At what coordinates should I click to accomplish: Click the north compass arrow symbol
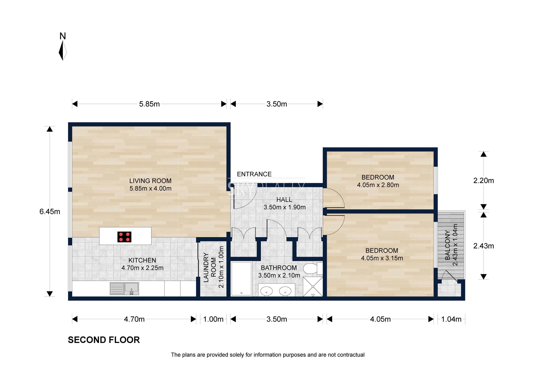tap(63, 51)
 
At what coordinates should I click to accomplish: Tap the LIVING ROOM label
tap(150, 181)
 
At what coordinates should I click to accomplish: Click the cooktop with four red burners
tap(124, 237)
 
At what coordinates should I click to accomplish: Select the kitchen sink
tap(124, 289)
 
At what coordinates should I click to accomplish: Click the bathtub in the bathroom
tap(241, 279)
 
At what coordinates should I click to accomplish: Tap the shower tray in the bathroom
tap(313, 287)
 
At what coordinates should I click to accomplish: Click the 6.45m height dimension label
tap(50, 212)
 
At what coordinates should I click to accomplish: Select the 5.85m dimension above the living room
tap(149, 104)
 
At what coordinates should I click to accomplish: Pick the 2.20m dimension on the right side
tap(484, 181)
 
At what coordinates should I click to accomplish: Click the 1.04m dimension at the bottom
tap(451, 319)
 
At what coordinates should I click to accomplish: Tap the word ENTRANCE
tap(254, 174)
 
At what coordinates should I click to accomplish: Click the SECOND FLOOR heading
tap(104, 340)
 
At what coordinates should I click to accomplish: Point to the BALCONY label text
tap(448, 245)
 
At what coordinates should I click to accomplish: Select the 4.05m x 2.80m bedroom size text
tap(378, 185)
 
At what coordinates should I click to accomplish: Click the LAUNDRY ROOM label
tap(210, 267)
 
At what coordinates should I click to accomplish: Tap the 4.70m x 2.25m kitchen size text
tap(142, 268)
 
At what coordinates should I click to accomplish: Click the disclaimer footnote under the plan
tap(268, 355)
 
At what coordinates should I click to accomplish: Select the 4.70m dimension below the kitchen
tap(134, 319)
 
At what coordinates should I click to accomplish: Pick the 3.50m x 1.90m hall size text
tap(285, 207)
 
